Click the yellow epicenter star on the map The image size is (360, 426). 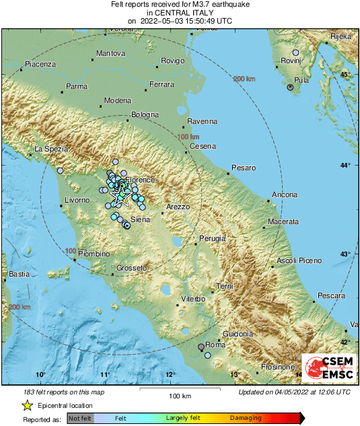tap(122, 197)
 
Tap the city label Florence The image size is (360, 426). tap(140, 180)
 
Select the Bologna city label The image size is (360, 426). tap(144, 114)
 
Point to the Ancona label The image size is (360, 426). tap(284, 195)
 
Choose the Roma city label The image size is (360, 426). tap(215, 345)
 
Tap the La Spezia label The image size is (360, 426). tap(48, 149)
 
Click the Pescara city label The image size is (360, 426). tap(331, 295)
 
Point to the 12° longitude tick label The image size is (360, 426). tap(170, 375)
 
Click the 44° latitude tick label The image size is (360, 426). tap(345, 165)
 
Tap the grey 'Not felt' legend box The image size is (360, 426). tap(80, 419)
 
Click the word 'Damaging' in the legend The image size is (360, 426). tap(246, 419)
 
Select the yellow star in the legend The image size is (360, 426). tap(27, 405)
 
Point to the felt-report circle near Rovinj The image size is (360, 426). tap(295, 52)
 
